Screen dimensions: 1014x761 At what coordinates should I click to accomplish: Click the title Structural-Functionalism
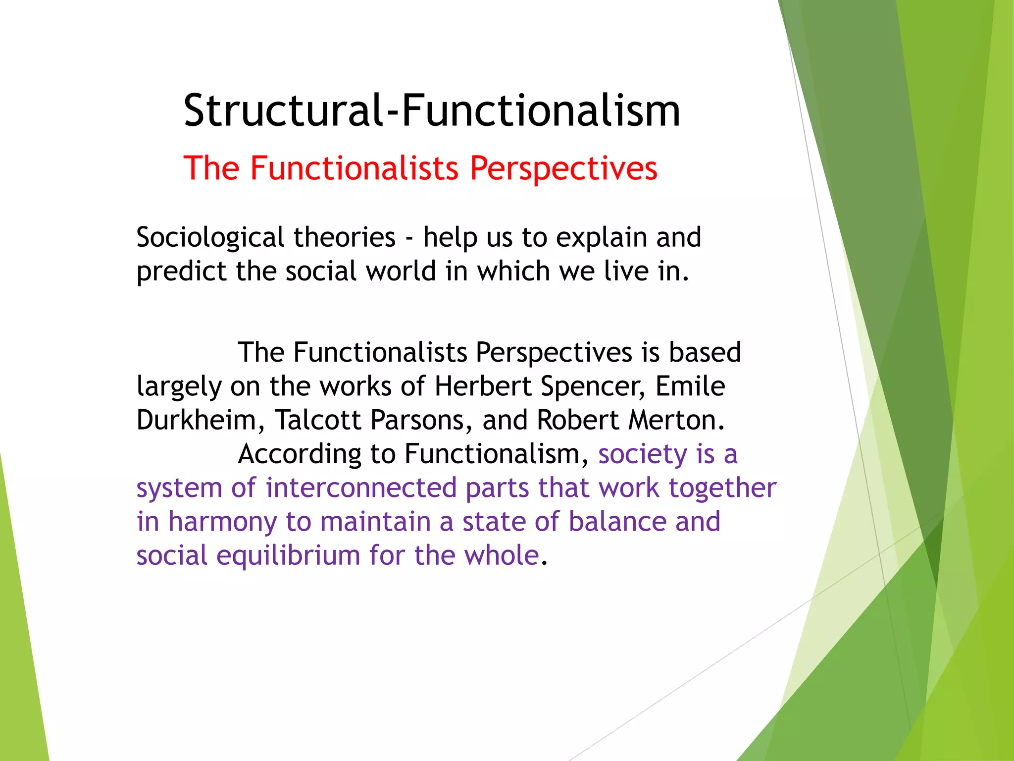(x=432, y=110)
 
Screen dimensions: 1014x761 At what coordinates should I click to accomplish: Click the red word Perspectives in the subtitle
(x=563, y=168)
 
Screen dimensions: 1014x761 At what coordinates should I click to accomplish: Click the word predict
(x=181, y=272)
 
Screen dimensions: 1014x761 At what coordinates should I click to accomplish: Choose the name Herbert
(x=483, y=386)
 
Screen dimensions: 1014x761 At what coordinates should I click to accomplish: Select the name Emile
(x=690, y=386)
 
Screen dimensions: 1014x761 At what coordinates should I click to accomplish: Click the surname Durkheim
(x=196, y=420)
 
